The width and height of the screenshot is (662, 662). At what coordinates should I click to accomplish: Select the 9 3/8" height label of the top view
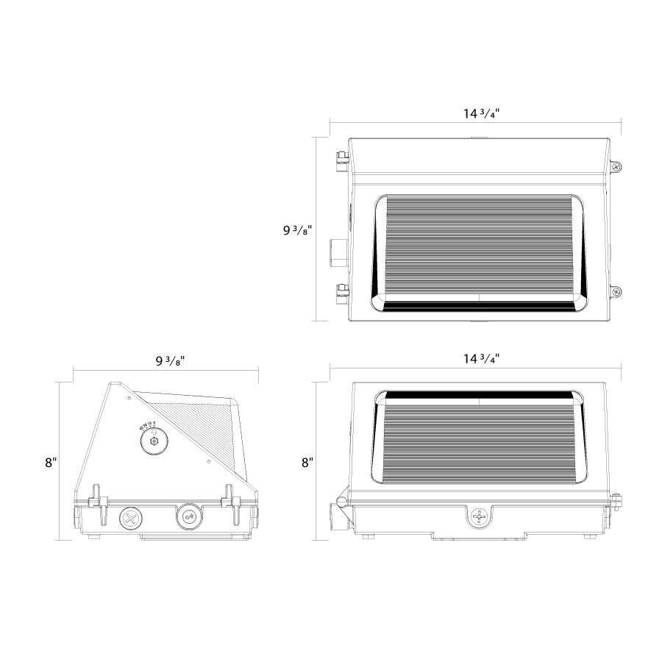tap(298, 229)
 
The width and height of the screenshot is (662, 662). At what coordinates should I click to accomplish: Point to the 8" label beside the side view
tap(50, 463)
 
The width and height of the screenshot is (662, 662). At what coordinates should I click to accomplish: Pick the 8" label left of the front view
tap(307, 463)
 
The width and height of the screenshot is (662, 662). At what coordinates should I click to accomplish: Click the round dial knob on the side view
tap(154, 441)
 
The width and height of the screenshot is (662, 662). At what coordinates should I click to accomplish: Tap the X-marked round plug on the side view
tap(131, 517)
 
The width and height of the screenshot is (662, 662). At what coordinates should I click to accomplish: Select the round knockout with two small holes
tap(188, 517)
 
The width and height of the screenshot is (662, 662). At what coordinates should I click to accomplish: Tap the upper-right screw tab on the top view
tap(616, 167)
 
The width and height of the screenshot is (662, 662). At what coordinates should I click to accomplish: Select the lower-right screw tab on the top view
tap(616, 292)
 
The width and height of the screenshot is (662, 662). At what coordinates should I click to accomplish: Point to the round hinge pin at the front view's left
tap(341, 502)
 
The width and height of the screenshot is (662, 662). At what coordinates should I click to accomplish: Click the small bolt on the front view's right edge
tap(617, 502)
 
